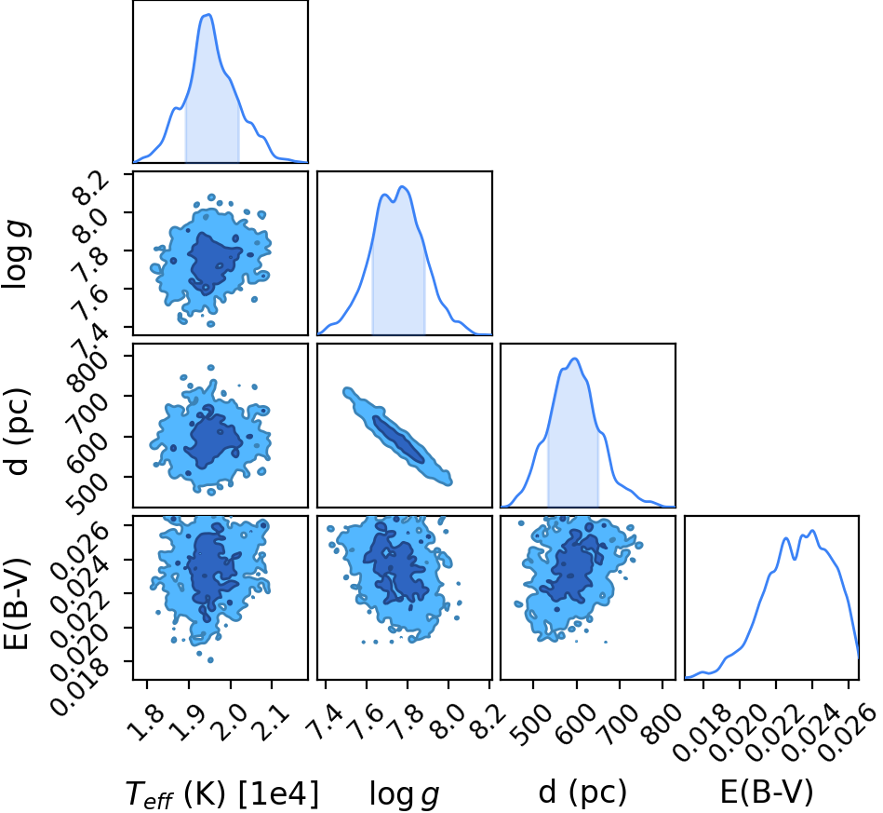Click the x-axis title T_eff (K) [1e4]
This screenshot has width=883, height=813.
pos(221,793)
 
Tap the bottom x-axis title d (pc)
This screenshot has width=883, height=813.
pos(582,793)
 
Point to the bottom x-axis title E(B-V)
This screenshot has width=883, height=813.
pos(767,793)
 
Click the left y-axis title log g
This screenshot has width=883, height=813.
pos(17,255)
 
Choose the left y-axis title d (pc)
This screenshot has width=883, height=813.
pos(17,431)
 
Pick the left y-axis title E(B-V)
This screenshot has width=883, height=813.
pos(16,603)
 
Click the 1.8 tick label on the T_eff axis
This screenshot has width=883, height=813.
pos(145,723)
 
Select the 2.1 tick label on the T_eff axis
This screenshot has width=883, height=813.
pos(271,723)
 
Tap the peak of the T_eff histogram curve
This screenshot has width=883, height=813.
pos(208,15)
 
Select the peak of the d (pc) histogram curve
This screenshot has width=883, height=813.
pos(575,359)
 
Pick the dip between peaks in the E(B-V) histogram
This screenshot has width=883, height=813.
pos(794,558)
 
